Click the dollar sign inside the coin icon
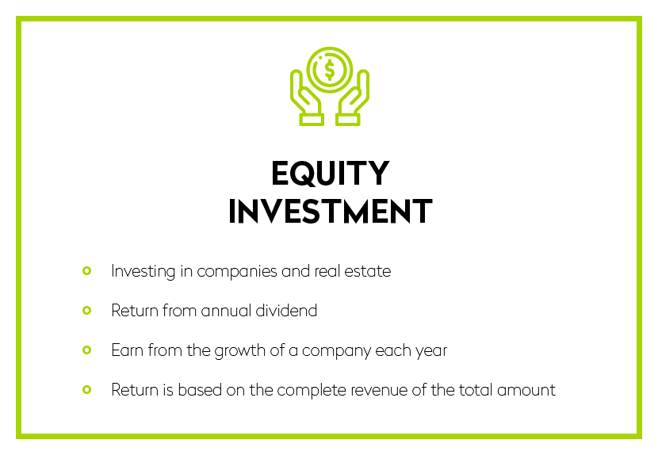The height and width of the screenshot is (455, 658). (330, 70)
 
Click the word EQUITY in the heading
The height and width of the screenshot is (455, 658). (331, 173)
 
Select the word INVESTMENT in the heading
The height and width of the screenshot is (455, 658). (331, 211)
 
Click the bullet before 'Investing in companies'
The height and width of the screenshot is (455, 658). (87, 271)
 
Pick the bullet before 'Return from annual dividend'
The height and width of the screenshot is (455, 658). (87, 311)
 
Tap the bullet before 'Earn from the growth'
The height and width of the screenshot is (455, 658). (87, 350)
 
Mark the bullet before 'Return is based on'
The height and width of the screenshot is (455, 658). (87, 390)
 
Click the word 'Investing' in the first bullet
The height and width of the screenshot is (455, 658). (143, 272)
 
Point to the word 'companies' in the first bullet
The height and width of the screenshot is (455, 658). (237, 272)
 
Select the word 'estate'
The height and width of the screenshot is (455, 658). (368, 271)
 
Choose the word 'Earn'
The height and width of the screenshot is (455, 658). (127, 350)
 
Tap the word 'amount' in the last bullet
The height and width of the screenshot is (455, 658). (526, 390)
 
